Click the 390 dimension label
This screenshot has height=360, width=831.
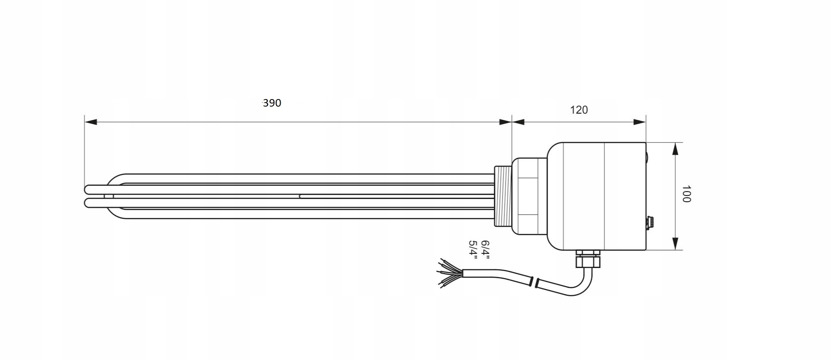272,103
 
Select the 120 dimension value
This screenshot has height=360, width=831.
579,110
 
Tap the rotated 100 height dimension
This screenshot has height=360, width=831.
686,194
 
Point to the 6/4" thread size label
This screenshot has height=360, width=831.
485,250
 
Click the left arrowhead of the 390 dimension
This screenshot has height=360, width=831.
91,122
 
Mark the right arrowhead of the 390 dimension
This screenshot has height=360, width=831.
505,122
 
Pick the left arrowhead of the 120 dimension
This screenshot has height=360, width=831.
518,122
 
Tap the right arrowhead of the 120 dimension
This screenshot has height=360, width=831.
639,122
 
